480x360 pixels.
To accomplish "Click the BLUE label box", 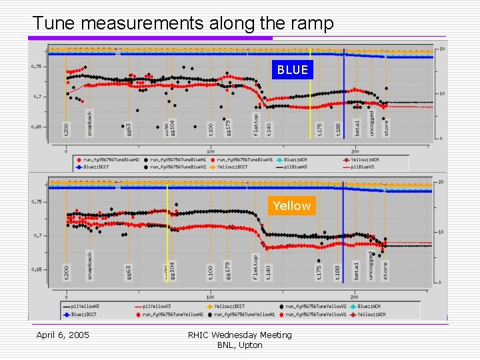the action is click(x=293, y=69).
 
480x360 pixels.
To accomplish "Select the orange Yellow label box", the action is click(x=291, y=205).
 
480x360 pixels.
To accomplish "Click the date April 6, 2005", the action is click(x=63, y=335).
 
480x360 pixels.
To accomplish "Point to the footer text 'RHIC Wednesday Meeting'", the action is click(x=239, y=335).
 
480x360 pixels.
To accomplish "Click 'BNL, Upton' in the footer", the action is click(x=239, y=345).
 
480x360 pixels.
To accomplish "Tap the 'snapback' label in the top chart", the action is click(x=90, y=124).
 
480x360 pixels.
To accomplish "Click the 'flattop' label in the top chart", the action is click(x=256, y=124).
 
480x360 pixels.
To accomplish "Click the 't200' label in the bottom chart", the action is click(x=66, y=272).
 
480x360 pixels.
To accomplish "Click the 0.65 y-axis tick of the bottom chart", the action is click(x=38, y=269).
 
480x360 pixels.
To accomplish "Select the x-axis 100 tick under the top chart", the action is click(x=210, y=149).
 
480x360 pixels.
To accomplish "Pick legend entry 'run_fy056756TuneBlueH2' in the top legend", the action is click(x=106, y=160).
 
